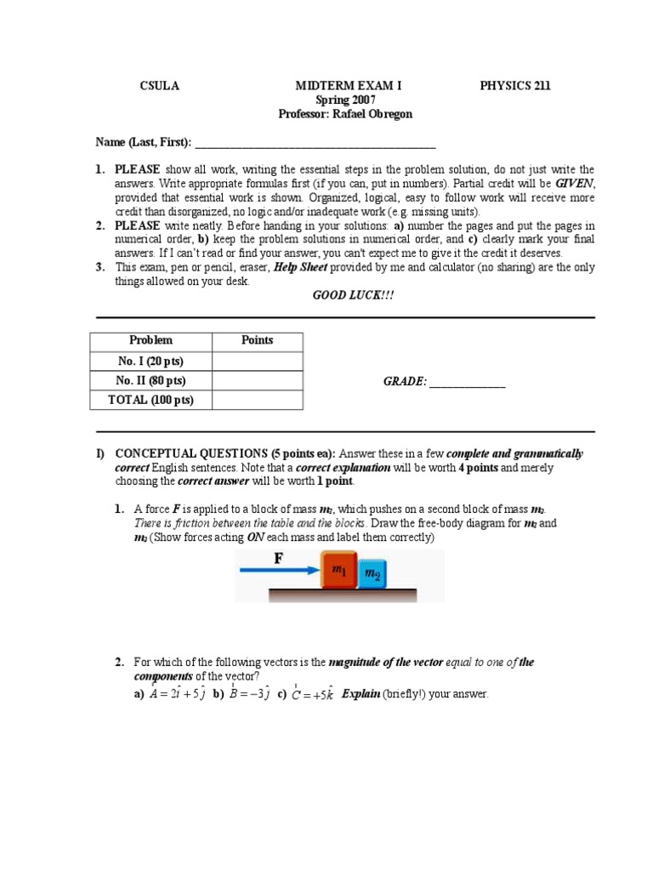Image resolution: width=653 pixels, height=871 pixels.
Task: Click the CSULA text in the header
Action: click(x=159, y=86)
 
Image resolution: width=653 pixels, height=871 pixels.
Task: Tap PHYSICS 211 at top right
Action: click(x=515, y=86)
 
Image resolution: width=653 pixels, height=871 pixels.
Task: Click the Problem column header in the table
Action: click(x=150, y=340)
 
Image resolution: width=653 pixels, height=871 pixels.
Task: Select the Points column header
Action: click(x=257, y=340)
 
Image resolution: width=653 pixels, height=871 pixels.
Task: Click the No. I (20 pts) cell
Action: click(x=150, y=361)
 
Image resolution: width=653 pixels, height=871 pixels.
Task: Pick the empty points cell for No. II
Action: click(x=257, y=380)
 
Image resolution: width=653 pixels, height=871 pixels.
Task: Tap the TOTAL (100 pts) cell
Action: click(x=150, y=400)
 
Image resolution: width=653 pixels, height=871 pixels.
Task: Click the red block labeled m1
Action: click(x=338, y=571)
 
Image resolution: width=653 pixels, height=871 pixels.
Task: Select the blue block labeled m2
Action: click(x=372, y=574)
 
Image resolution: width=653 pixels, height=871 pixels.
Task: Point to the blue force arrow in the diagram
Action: click(x=279, y=572)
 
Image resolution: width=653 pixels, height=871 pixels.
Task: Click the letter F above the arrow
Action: click(x=278, y=558)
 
